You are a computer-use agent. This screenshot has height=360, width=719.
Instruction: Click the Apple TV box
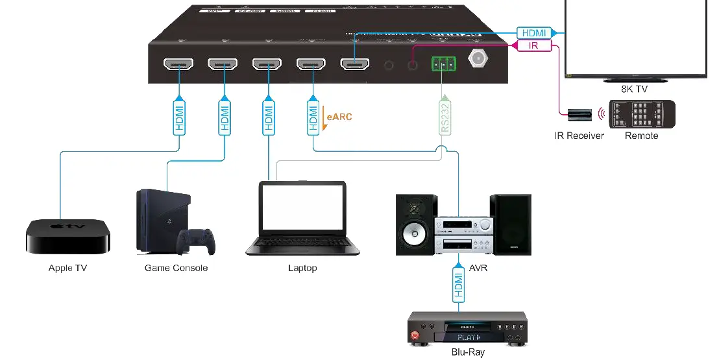68,237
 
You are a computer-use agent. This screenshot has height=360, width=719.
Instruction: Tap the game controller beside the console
195,241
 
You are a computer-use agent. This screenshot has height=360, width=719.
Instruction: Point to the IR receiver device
578,114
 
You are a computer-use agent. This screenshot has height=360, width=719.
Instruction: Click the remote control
641,115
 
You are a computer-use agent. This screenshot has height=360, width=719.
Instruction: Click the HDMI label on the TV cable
534,32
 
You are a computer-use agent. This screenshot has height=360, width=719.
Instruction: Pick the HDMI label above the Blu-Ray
459,286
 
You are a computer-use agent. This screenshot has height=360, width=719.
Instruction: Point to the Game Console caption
176,268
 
